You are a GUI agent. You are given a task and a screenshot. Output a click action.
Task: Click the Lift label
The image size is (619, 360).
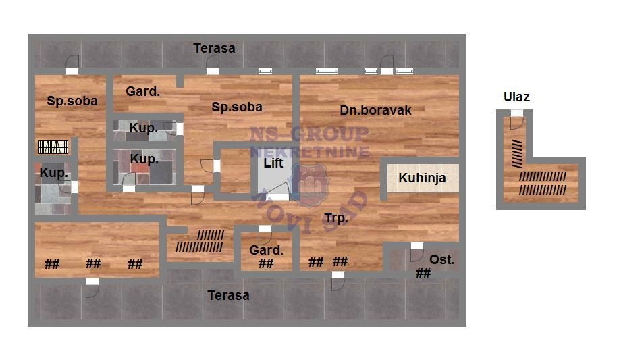click(x=273, y=162)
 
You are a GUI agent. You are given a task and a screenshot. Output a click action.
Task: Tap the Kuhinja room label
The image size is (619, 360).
click(x=422, y=178)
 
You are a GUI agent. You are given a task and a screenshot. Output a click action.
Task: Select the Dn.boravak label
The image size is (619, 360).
click(x=375, y=110)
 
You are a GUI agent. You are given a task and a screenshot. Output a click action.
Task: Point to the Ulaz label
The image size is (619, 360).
click(x=516, y=97)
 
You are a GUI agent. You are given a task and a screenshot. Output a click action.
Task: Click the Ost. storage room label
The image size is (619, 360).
click(x=441, y=259)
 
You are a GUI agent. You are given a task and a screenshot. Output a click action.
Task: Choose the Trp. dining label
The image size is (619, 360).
click(x=336, y=218)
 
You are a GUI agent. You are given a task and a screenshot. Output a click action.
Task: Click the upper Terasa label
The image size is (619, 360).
click(x=214, y=48)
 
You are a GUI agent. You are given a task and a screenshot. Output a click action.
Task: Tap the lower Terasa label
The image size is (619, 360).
click(x=228, y=295)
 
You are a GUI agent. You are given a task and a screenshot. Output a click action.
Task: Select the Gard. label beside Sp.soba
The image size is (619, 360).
click(x=142, y=91)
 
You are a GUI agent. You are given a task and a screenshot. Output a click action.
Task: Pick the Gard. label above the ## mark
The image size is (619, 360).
click(x=266, y=250)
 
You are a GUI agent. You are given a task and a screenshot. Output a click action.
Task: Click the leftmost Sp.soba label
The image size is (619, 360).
click(x=72, y=101)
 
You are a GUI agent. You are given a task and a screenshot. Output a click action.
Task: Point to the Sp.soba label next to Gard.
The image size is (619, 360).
click(x=237, y=107)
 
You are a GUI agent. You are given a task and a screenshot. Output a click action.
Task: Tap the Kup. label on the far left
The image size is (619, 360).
click(x=54, y=173)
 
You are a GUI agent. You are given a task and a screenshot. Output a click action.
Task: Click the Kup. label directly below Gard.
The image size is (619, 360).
click(x=143, y=128)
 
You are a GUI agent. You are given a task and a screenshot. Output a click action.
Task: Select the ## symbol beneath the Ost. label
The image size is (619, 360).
click(x=423, y=273)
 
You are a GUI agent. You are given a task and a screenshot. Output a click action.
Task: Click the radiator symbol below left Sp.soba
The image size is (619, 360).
click(x=53, y=147)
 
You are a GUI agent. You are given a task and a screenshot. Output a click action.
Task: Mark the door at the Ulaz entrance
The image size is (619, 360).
click(x=517, y=120)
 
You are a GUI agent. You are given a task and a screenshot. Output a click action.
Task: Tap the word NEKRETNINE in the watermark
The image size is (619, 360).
click(x=309, y=151)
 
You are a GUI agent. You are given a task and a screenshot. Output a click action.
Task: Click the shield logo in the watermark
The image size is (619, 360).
click(x=311, y=185)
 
